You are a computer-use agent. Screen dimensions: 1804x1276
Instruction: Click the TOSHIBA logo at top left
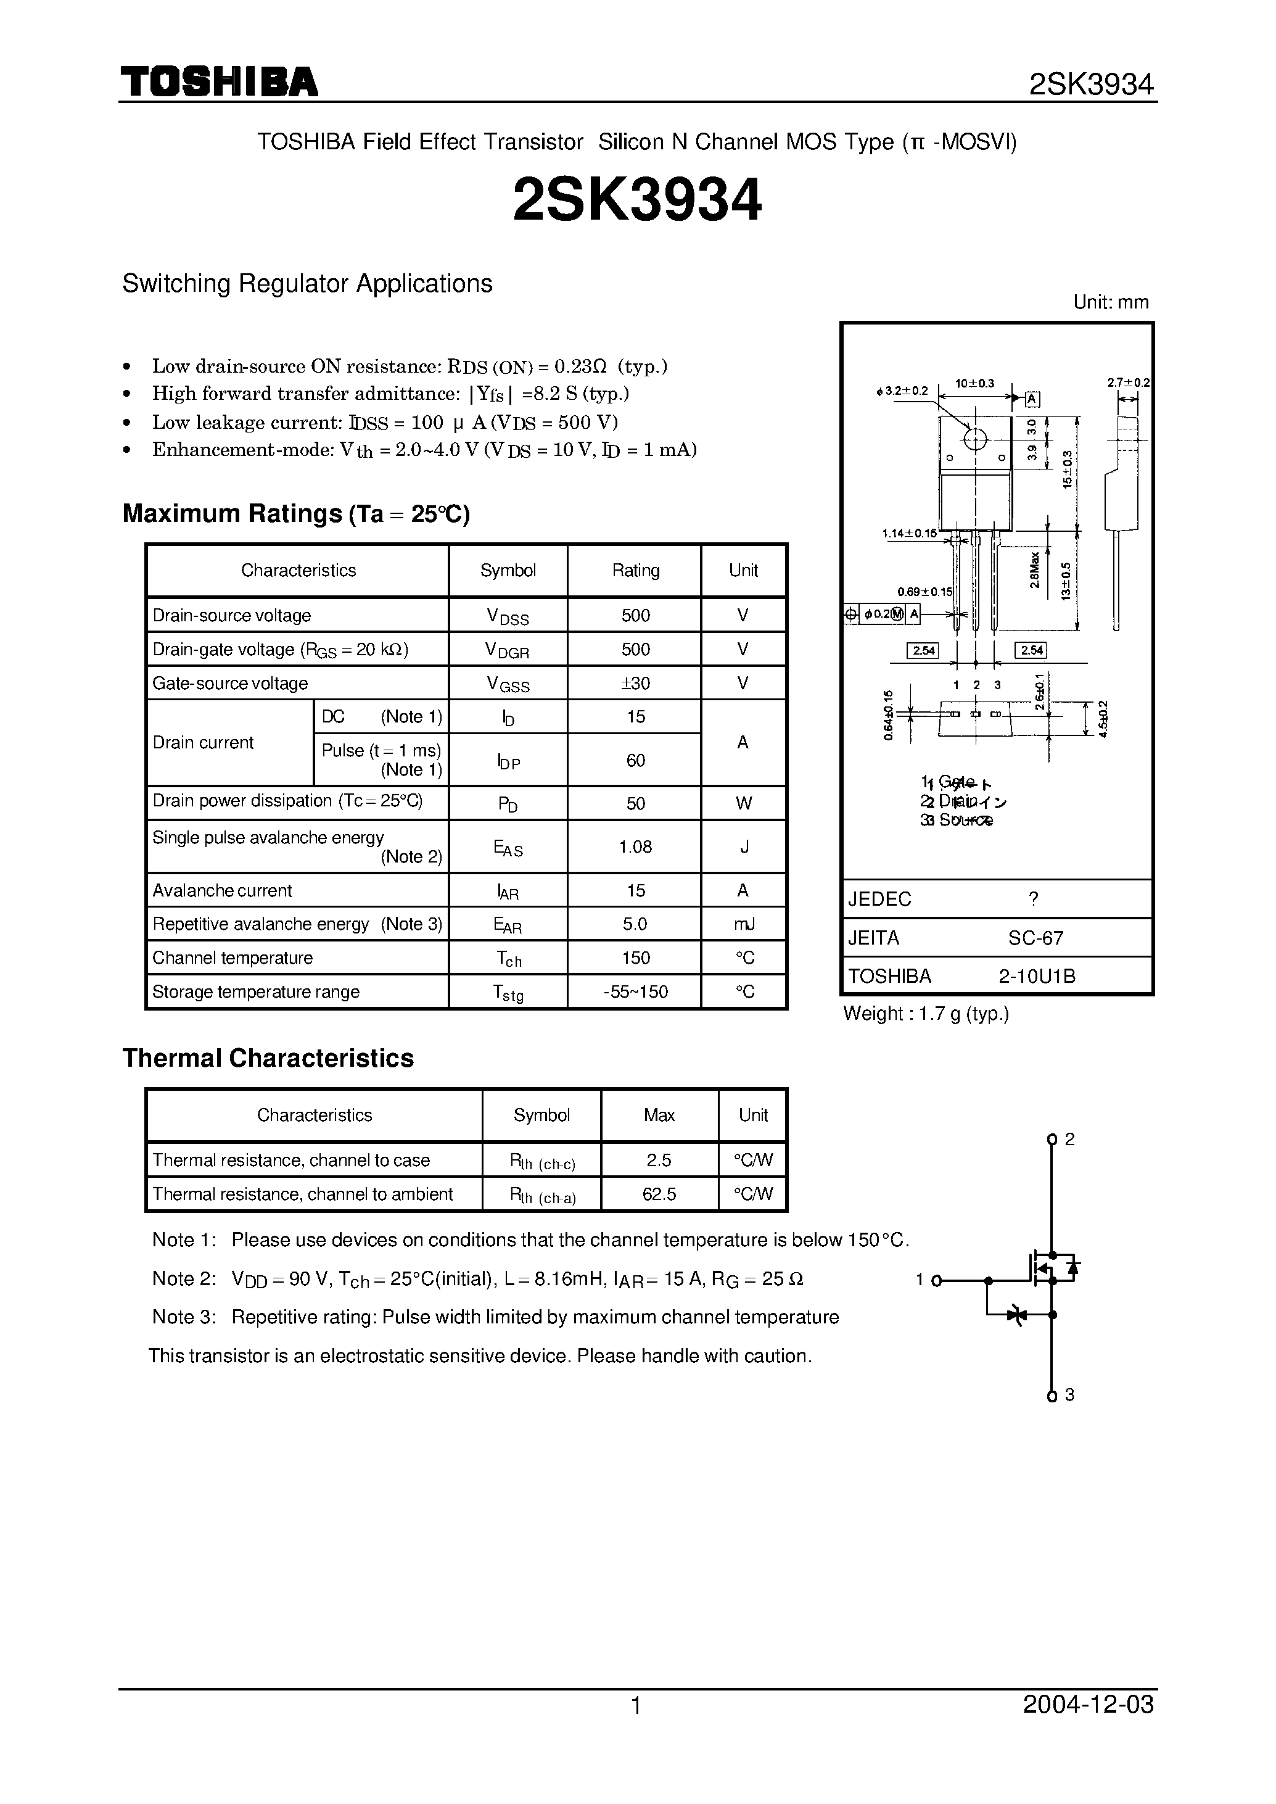coord(218,82)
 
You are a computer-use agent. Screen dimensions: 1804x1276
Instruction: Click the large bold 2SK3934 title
coord(637,201)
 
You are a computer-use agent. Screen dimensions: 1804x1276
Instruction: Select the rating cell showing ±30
coord(635,683)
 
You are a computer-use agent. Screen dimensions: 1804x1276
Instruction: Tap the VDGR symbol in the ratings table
coord(508,650)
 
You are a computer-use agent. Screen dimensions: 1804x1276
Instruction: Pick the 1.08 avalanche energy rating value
coord(635,846)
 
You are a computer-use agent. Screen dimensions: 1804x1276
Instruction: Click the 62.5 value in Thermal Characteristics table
coord(659,1194)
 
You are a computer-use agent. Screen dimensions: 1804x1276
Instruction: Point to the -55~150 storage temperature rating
coord(635,992)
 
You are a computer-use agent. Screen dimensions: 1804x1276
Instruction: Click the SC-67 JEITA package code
coord(1035,938)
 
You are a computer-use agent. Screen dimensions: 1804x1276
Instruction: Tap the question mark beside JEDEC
coord(1034,898)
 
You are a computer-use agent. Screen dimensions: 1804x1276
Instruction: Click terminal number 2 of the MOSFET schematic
coord(1069,1139)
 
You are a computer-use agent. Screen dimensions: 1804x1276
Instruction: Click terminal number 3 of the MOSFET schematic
coord(1069,1394)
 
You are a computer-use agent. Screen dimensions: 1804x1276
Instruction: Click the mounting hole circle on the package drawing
coord(975,439)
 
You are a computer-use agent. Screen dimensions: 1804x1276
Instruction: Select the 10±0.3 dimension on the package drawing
coord(974,384)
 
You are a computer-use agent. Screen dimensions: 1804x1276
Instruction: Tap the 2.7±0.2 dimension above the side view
coord(1128,383)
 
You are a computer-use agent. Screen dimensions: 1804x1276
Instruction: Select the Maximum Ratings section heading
coord(296,513)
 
